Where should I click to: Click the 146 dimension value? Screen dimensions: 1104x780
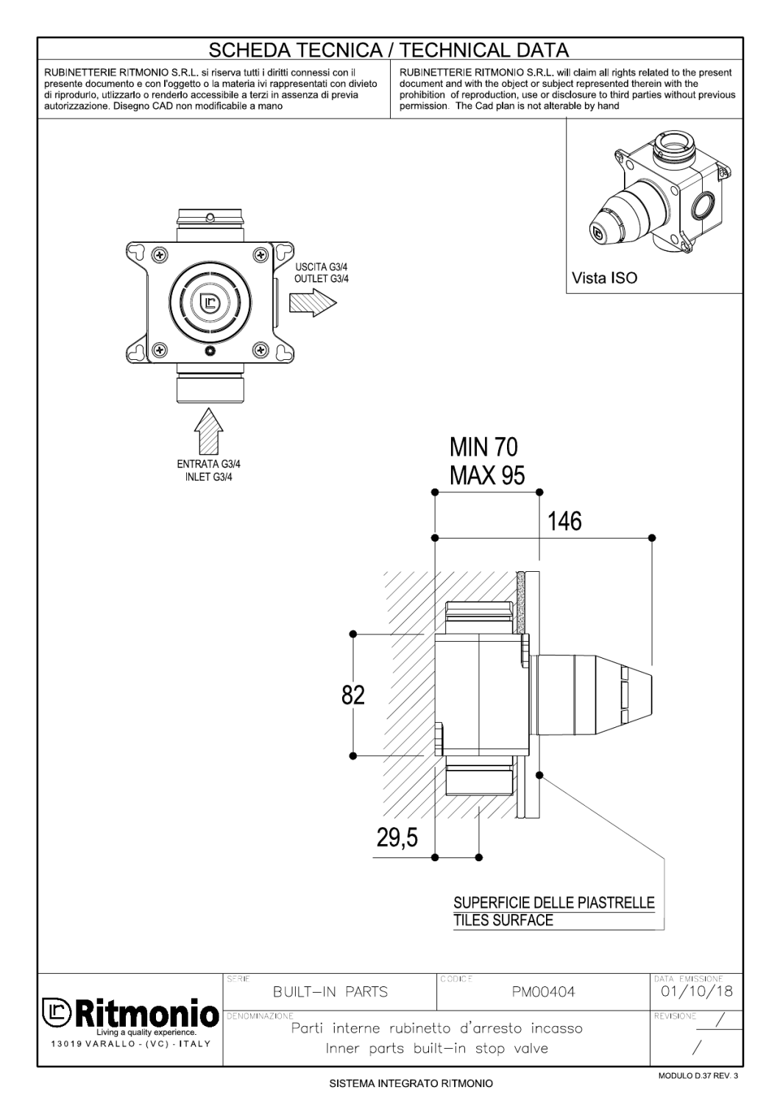(564, 522)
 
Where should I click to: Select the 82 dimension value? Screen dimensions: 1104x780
(353, 695)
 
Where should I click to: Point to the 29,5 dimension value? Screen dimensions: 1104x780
(397, 837)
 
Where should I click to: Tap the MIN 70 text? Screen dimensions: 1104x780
(483, 447)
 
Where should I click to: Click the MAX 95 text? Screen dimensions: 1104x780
(487, 475)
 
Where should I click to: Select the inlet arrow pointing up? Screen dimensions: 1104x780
(208, 431)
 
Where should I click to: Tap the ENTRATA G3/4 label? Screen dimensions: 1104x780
(208, 464)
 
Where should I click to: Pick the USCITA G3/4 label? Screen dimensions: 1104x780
(322, 267)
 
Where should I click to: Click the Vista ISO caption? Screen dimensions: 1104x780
(605, 278)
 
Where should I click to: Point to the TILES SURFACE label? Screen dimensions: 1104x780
(503, 920)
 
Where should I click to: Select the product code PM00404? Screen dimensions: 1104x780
(543, 992)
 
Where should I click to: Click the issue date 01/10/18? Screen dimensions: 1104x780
(694, 991)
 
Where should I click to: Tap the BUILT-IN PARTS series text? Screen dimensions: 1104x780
(330, 992)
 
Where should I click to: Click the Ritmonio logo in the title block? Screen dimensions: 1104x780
(130, 1016)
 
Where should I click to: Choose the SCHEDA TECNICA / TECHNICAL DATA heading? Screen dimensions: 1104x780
(389, 50)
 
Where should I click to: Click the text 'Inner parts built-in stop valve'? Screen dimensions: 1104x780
(437, 1048)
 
